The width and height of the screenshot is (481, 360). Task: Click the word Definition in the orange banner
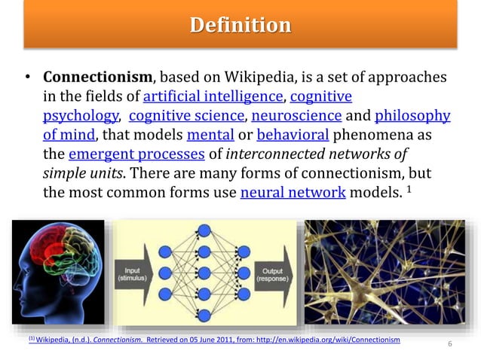click(240, 26)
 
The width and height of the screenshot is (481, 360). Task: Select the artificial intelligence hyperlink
click(213, 97)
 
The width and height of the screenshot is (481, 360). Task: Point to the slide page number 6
click(449, 345)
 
